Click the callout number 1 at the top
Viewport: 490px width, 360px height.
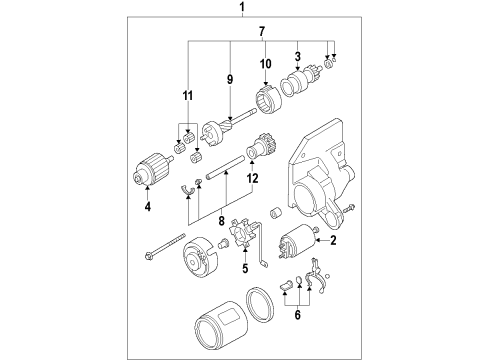(x=242, y=7)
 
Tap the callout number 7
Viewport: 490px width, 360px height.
(x=262, y=32)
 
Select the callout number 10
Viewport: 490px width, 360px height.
(x=266, y=64)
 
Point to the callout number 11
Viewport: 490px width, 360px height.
(x=188, y=96)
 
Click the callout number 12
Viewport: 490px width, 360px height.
(x=253, y=178)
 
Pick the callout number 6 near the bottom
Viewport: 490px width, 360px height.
(x=298, y=315)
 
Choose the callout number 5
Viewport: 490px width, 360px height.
(x=245, y=268)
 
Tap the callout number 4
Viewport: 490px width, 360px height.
(x=148, y=207)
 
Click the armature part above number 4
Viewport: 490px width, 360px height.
(x=152, y=169)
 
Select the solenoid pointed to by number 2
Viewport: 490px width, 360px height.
(x=297, y=241)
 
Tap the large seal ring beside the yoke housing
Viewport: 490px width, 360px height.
(x=260, y=305)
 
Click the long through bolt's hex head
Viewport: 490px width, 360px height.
(x=149, y=256)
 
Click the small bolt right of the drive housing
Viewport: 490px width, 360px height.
(x=348, y=208)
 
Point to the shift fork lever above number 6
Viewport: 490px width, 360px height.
(x=316, y=275)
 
